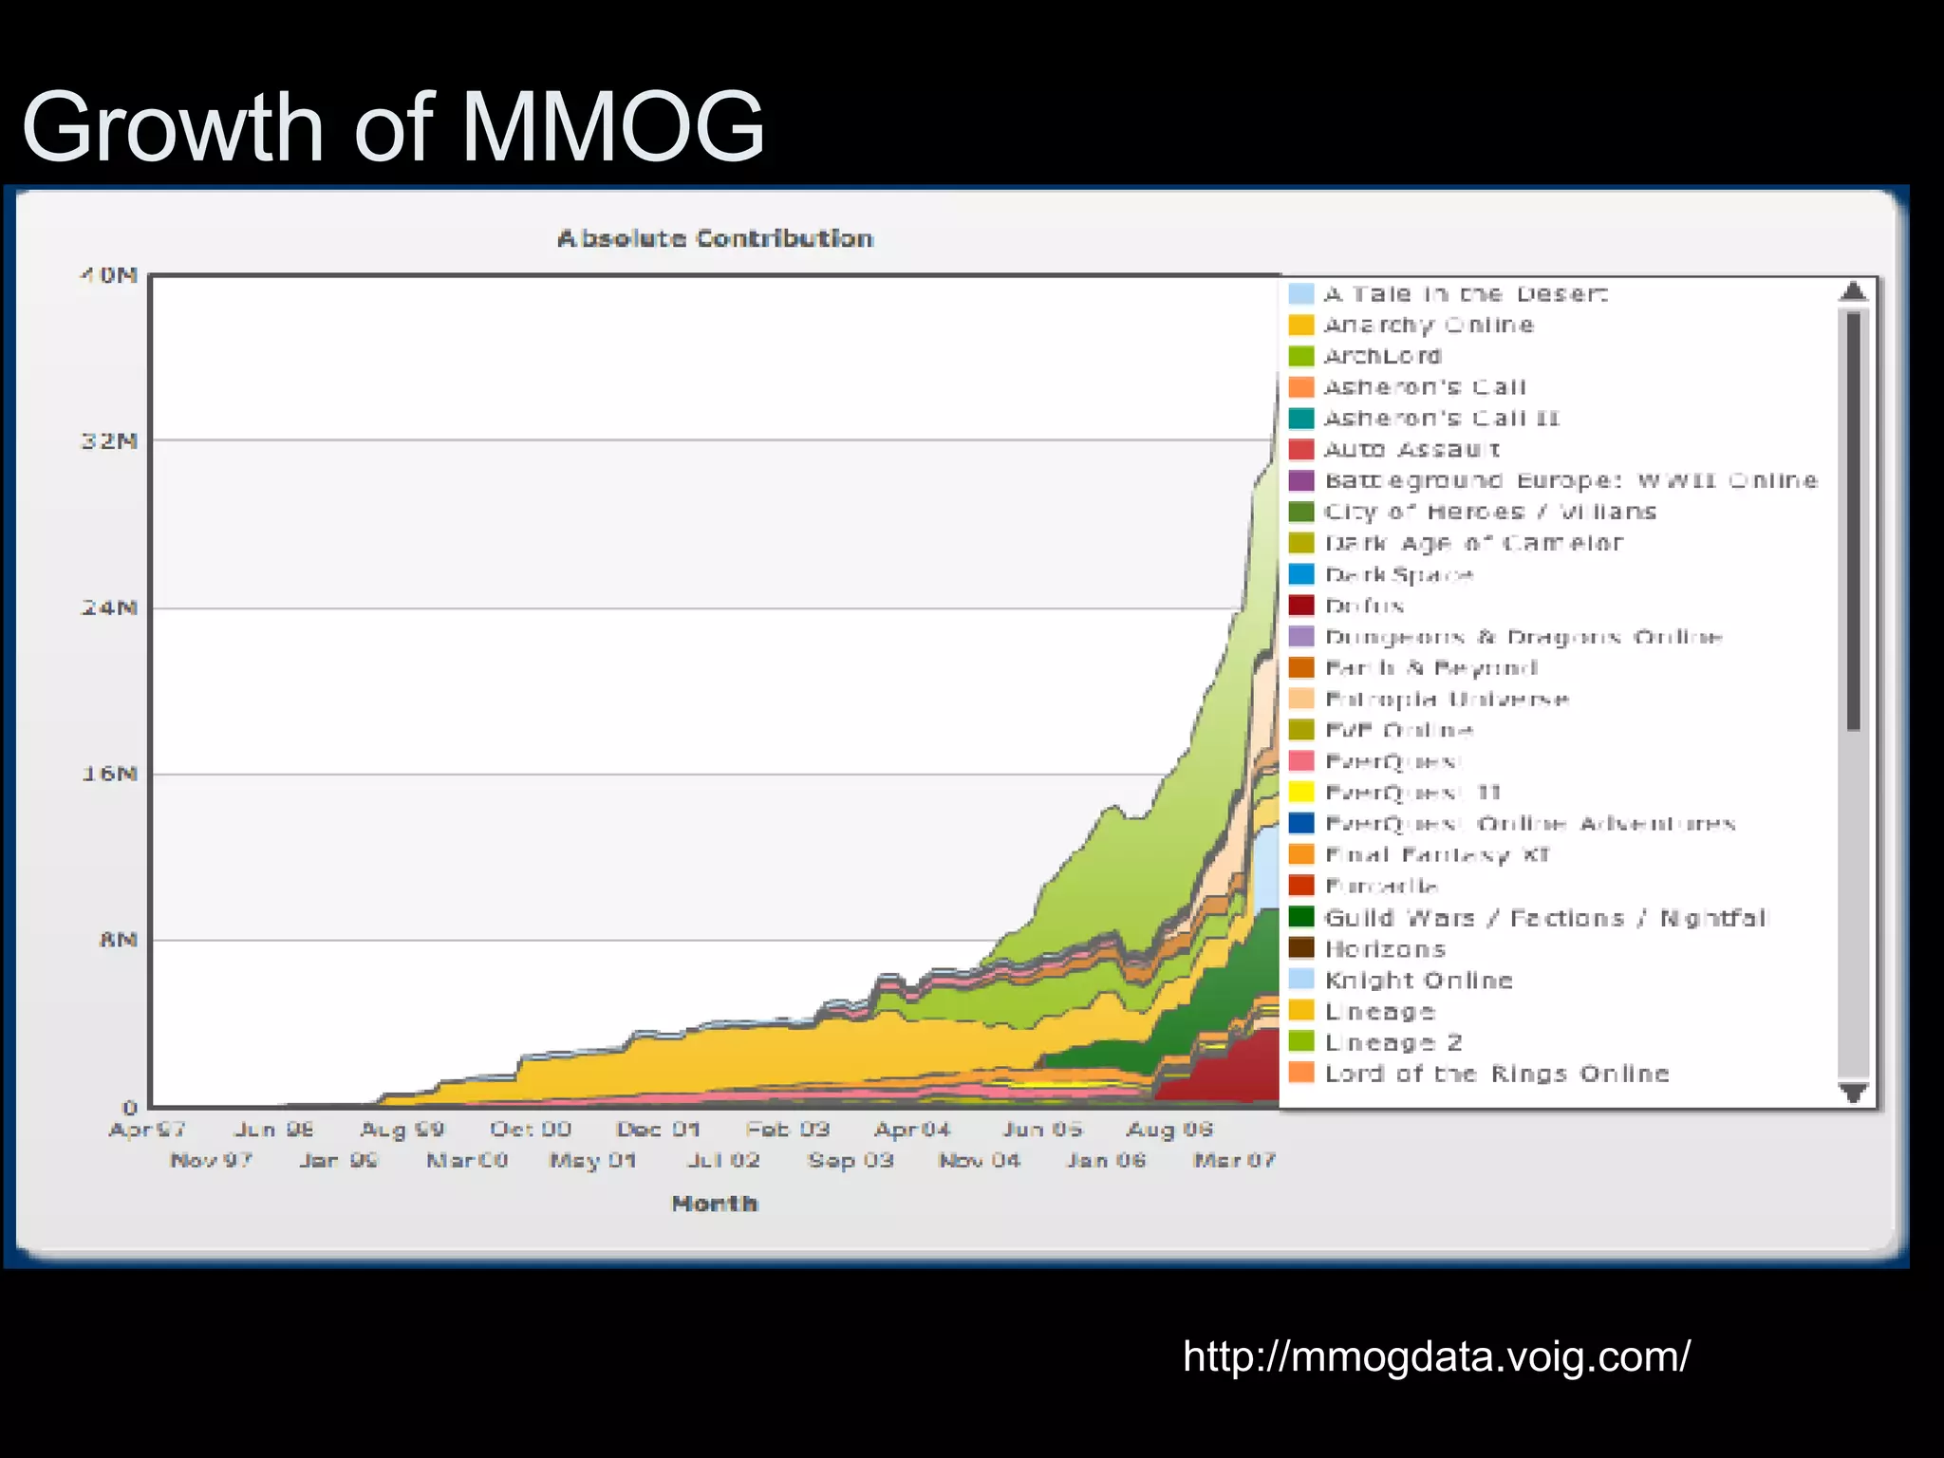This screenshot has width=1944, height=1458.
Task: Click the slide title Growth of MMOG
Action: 392,127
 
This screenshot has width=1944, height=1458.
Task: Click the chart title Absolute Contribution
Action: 715,238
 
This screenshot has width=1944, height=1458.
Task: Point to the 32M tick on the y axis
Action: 109,441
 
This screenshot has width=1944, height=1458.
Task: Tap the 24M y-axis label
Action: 109,607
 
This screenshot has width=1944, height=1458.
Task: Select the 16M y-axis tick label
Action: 109,774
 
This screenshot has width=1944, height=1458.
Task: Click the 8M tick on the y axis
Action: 118,940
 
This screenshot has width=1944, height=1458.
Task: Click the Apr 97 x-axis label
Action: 147,1130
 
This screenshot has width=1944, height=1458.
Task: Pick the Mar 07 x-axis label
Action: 1234,1160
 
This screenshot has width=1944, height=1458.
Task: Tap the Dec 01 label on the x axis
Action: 658,1130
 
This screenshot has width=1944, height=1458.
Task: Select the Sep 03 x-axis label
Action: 850,1160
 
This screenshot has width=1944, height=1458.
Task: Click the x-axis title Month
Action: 715,1204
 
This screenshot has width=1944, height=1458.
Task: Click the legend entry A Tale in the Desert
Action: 1465,294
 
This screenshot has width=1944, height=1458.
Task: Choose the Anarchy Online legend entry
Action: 1428,325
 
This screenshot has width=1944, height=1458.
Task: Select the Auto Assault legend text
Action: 1411,449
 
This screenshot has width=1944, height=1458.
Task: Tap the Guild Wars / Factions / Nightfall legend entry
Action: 1544,918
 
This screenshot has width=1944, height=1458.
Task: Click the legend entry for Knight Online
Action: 1418,981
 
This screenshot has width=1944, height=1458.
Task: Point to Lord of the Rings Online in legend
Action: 1496,1074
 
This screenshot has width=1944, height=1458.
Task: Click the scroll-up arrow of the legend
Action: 1853,291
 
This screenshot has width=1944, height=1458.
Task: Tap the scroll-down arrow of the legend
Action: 1853,1092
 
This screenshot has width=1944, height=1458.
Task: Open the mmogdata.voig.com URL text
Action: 1436,1356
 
